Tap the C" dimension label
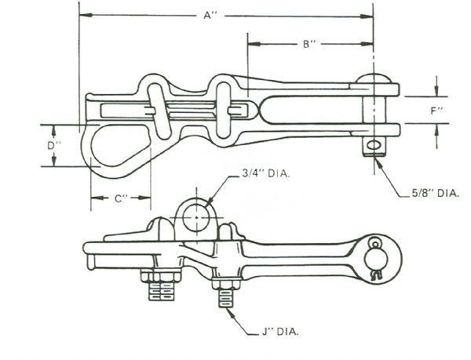point(121,198)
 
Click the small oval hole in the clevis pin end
point(374,145)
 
